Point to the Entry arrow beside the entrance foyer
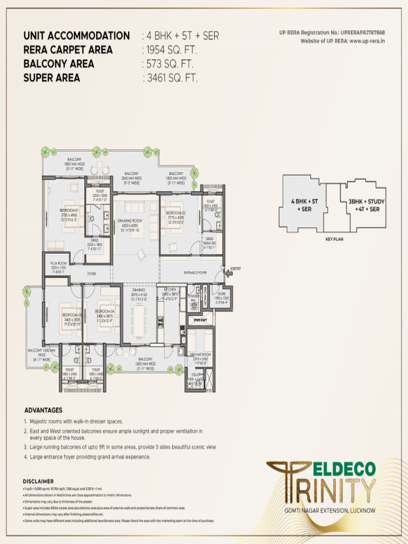coord(233,269)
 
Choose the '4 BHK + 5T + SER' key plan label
coord(301,205)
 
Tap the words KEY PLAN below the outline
coord(335,240)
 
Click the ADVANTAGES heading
coord(43,410)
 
